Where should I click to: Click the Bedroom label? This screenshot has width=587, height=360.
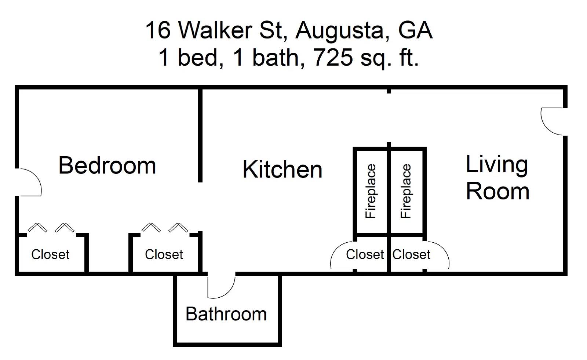[x=107, y=166]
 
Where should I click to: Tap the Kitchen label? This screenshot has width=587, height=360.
[x=282, y=169]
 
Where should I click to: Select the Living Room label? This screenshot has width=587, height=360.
[x=497, y=178]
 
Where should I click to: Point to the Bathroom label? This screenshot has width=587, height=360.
[x=226, y=314]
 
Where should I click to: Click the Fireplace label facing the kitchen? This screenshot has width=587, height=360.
[x=371, y=191]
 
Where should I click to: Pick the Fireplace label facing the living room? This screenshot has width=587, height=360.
[x=406, y=191]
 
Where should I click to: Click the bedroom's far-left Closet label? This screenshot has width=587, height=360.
[x=50, y=254]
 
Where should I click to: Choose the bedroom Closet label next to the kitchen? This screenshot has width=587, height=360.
[x=164, y=254]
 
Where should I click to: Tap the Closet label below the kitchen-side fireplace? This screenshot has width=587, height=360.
[x=365, y=254]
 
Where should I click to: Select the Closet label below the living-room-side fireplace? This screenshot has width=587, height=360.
[x=411, y=254]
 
